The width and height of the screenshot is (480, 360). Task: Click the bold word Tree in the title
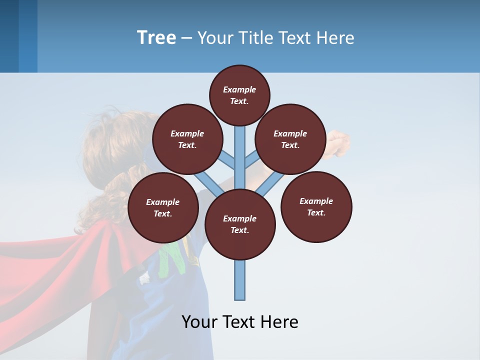tap(156, 38)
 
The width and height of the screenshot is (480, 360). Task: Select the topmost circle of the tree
tap(239, 95)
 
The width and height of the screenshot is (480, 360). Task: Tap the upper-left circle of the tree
tap(187, 139)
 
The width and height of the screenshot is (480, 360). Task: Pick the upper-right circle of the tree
tap(290, 139)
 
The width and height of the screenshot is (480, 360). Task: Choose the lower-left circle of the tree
tap(163, 207)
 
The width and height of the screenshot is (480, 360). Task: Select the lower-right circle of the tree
tap(316, 206)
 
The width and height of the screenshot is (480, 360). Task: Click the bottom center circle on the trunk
tap(240, 224)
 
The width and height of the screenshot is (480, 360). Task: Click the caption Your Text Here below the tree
tap(240, 322)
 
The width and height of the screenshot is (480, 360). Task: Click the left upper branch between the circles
tap(227, 159)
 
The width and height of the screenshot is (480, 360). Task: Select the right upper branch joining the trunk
tap(251, 159)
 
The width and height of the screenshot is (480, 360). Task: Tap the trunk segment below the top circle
tap(240, 150)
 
